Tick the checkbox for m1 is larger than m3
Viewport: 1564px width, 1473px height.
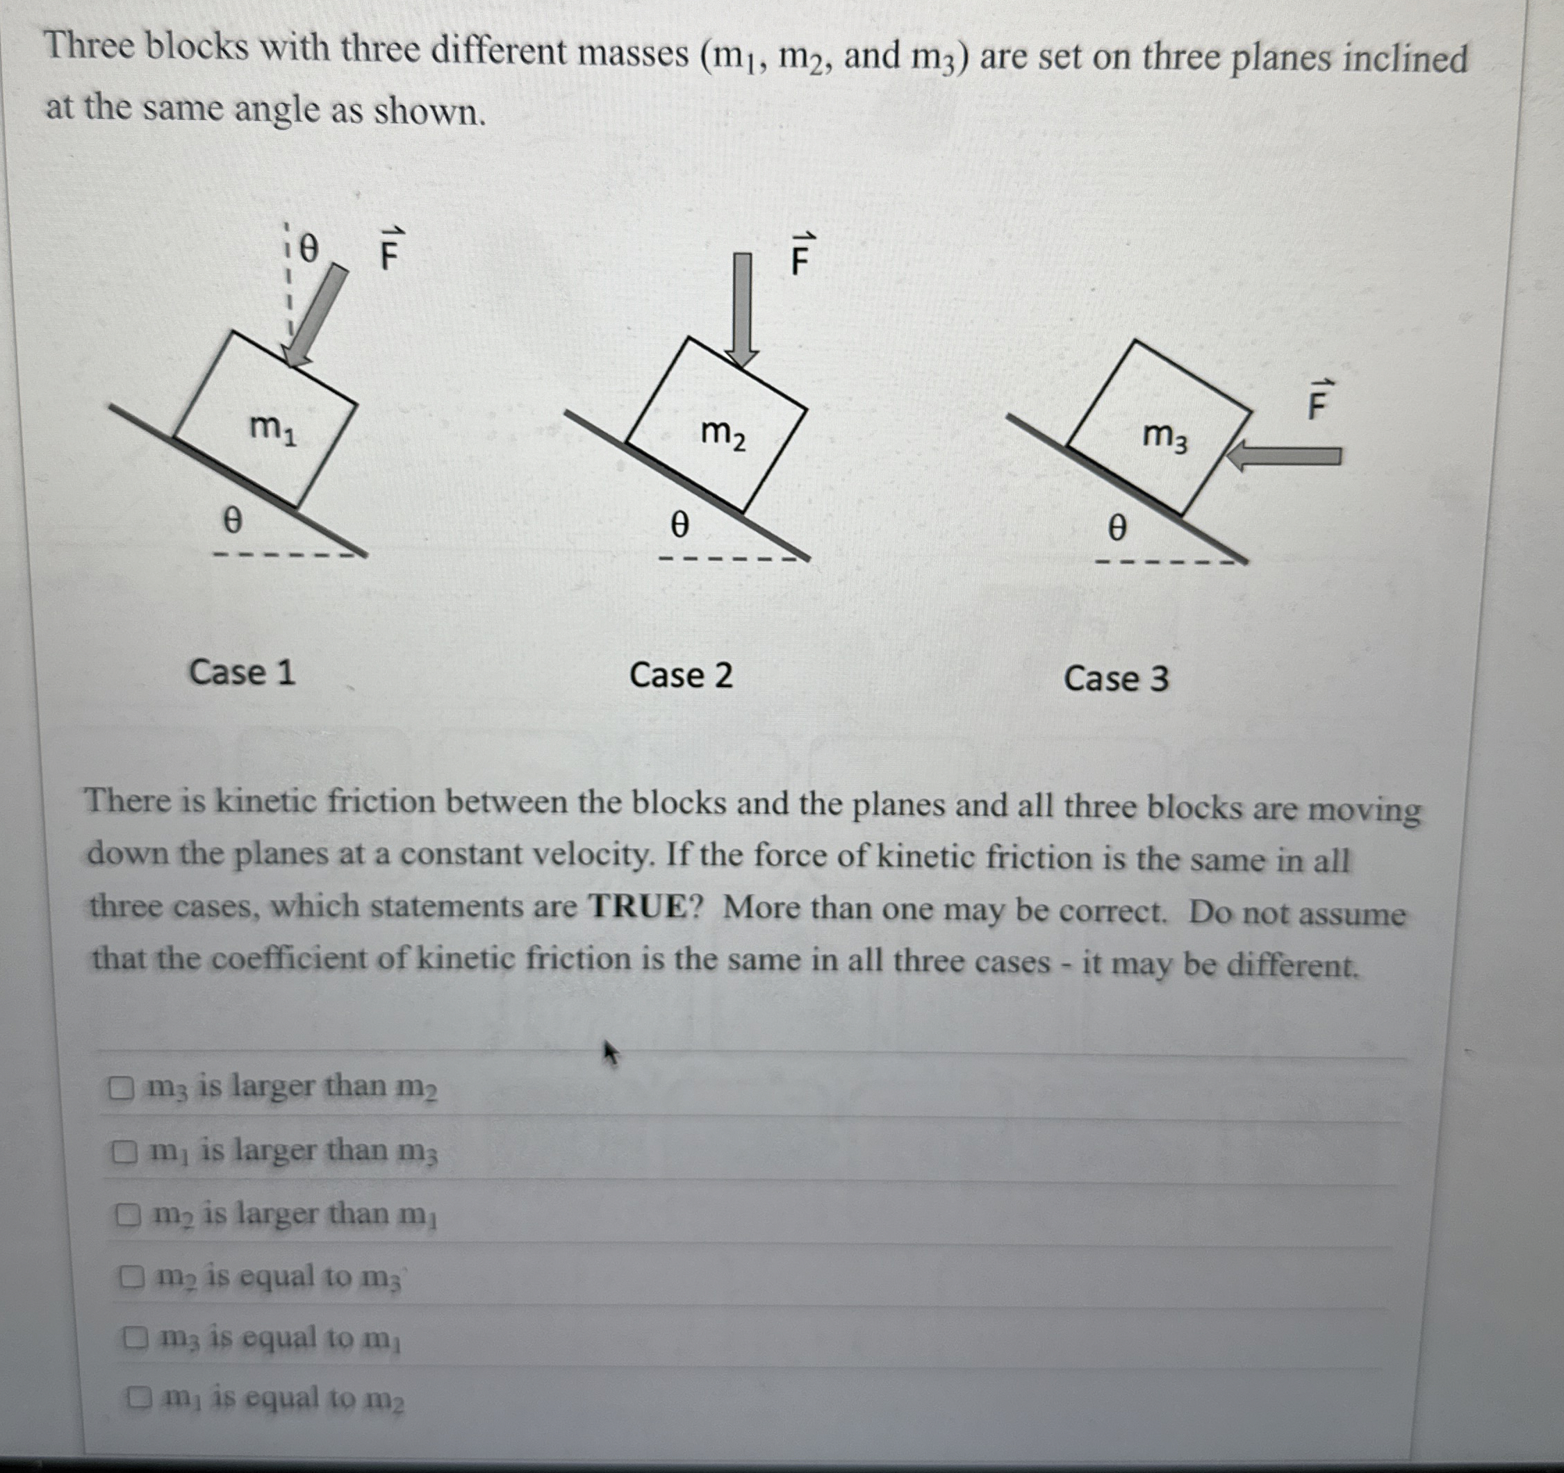point(123,1152)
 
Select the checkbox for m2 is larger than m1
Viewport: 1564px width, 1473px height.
point(126,1216)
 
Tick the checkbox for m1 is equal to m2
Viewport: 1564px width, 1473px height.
point(139,1397)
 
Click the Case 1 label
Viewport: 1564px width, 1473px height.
point(242,673)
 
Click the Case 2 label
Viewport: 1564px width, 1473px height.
point(680,676)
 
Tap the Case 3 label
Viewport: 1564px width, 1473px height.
point(1116,679)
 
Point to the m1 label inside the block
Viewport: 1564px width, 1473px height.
point(272,429)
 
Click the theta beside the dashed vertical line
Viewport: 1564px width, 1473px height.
point(308,250)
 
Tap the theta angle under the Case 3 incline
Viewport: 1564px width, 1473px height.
point(1117,528)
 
